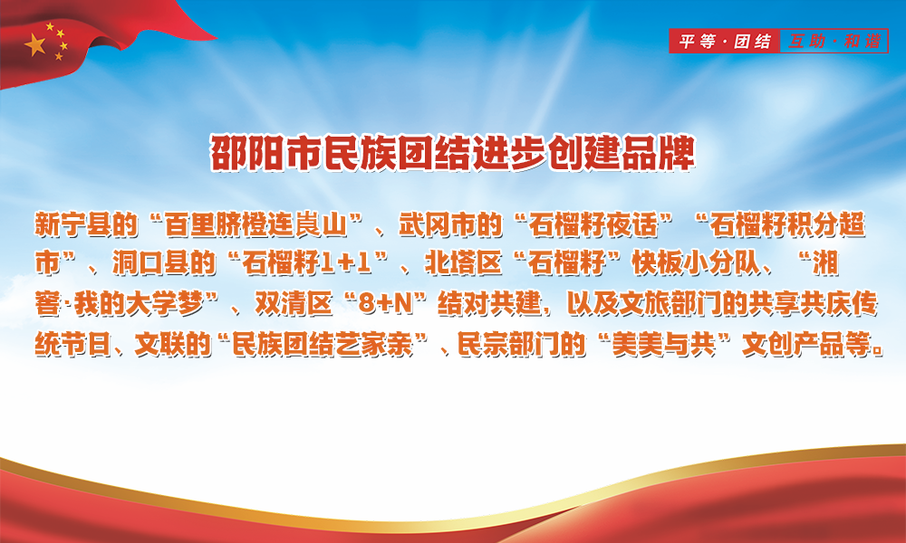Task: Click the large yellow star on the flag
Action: click(35, 44)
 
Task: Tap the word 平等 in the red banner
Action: click(698, 42)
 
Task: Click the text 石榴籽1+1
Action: click(306, 263)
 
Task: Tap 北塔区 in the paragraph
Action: click(463, 263)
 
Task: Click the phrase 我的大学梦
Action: click(139, 304)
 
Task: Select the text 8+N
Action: click(386, 304)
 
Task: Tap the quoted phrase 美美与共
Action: click(664, 345)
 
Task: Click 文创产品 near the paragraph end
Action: click(793, 345)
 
